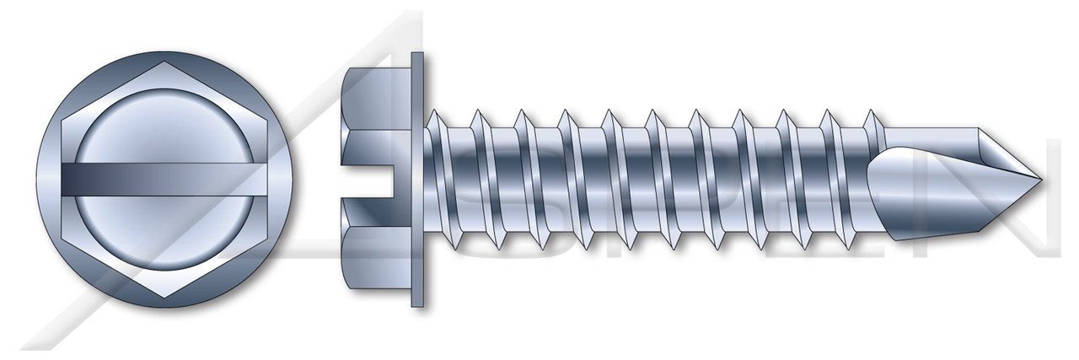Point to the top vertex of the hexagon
click(x=169, y=61)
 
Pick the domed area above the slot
click(x=169, y=126)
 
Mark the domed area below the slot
click(x=169, y=236)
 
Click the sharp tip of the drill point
click(x=1042, y=180)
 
